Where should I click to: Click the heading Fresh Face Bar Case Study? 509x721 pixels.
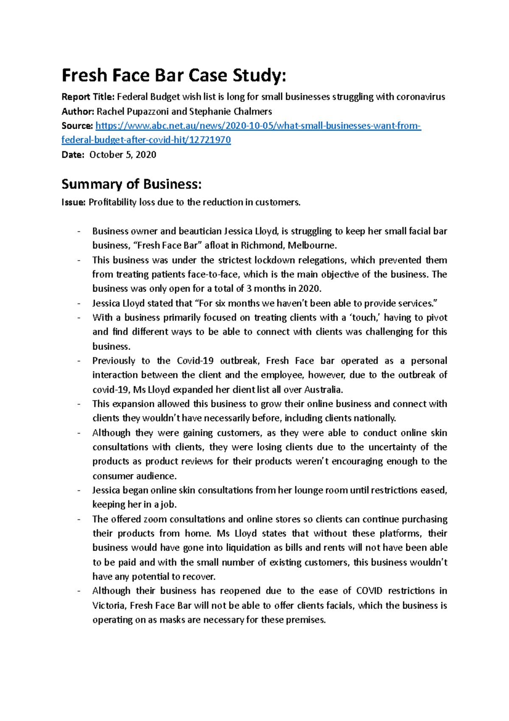174,76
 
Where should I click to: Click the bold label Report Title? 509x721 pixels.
88,97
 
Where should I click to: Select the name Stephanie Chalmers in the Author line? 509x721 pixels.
230,112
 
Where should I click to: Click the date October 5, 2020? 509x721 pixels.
123,155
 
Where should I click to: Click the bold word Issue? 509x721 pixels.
74,203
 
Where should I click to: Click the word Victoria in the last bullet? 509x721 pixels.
109,606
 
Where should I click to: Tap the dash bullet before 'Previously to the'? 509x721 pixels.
79,361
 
